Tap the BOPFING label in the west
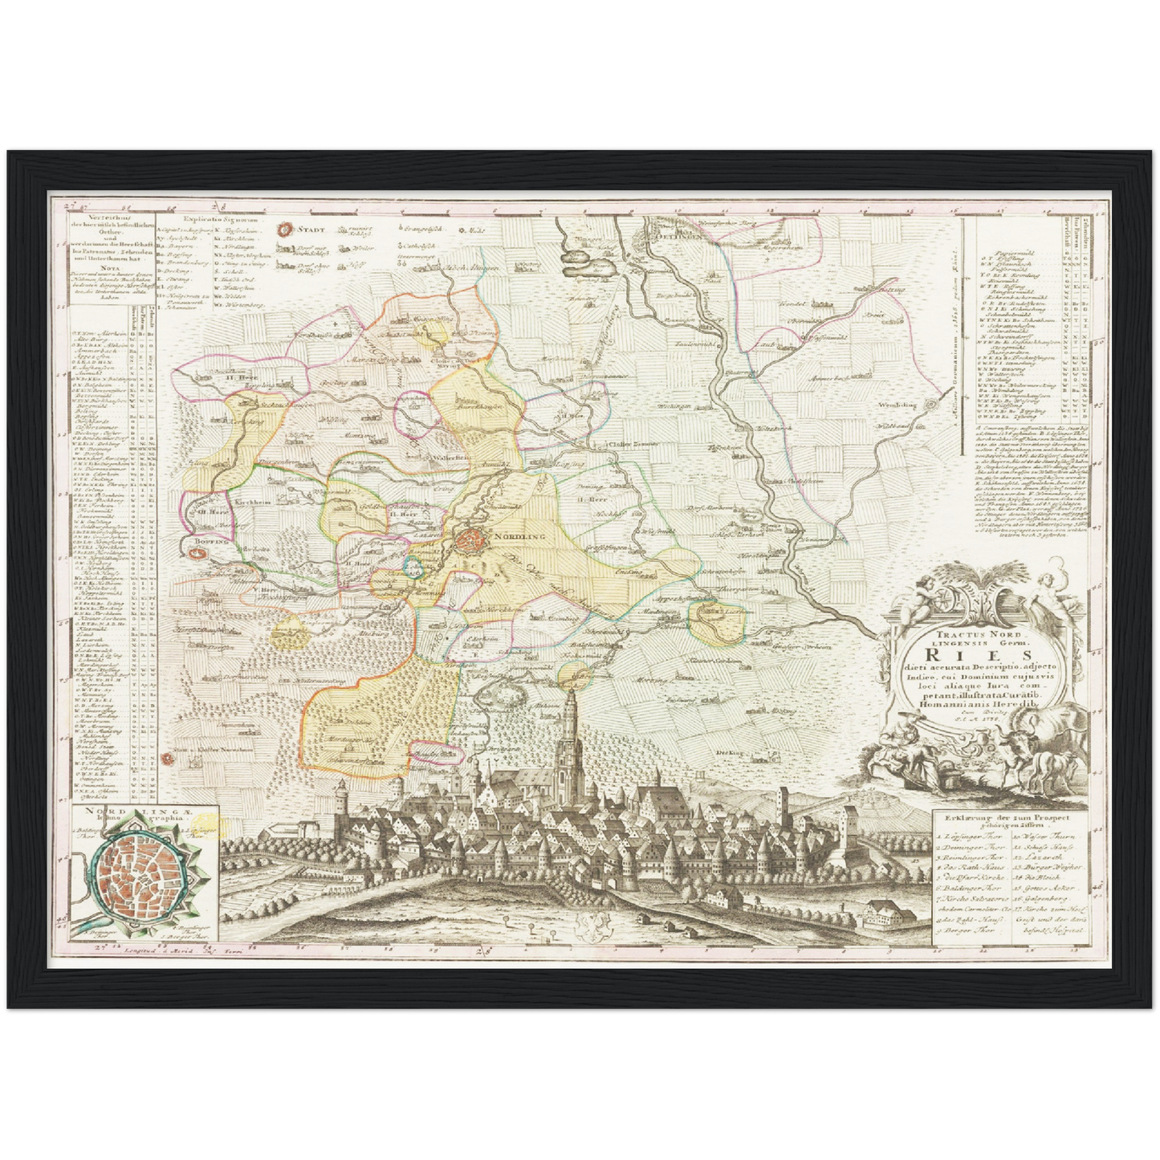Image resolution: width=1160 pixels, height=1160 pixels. pos(210,542)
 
